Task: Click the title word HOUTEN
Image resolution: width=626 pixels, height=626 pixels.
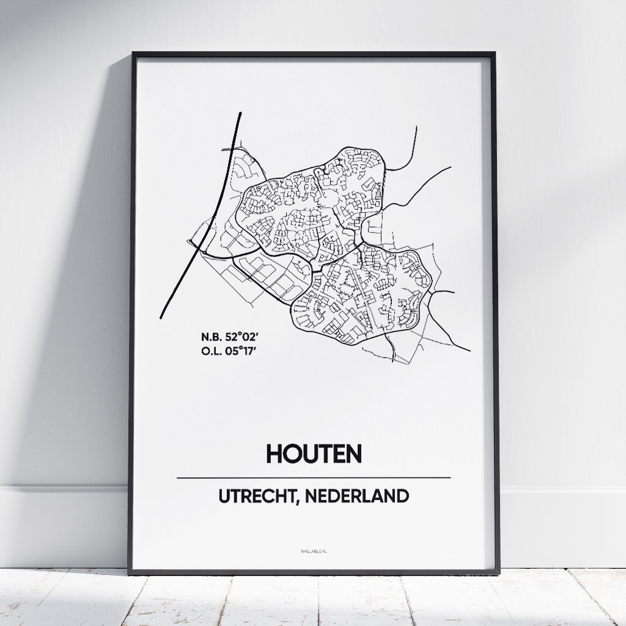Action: point(314,454)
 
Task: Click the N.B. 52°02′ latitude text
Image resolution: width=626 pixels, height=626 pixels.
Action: point(222,336)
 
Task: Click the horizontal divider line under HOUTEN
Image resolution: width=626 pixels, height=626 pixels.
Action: point(313,477)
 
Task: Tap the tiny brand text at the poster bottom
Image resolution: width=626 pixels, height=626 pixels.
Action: point(314,551)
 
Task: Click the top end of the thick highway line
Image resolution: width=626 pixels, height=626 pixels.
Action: point(240,114)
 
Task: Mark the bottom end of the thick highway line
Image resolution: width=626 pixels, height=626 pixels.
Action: point(162,317)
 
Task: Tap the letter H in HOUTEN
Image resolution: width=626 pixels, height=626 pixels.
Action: point(274,454)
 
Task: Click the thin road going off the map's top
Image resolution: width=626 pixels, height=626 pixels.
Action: point(416,138)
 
